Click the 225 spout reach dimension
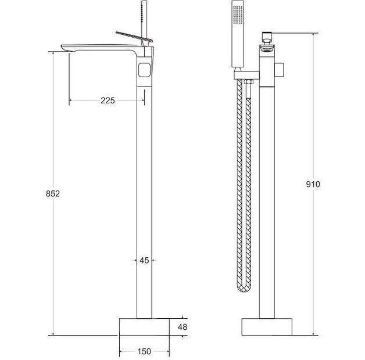coord(108,100)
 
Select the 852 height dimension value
coord(53,193)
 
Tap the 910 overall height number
coord(313,184)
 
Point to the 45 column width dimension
coord(144,260)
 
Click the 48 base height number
coord(182,327)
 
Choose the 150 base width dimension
coord(144,351)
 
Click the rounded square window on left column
coord(144,70)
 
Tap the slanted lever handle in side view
coord(134,37)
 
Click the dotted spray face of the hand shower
coord(238,15)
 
